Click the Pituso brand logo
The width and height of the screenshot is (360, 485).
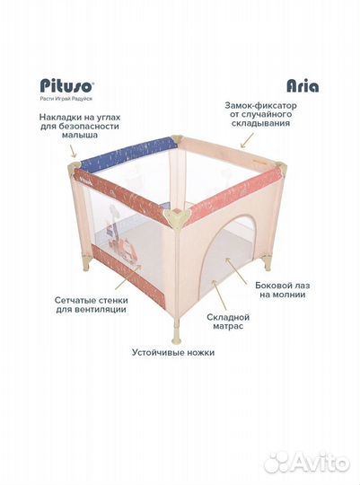pos(66,85)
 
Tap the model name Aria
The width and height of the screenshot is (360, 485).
pos(303,85)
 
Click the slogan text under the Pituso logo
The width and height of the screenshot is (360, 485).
pos(66,99)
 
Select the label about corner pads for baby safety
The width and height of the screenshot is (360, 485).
pos(80,127)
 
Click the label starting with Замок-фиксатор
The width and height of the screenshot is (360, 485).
pos(260,114)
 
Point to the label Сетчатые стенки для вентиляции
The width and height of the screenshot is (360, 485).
pos(92,304)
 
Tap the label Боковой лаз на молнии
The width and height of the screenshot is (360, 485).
pos(283,290)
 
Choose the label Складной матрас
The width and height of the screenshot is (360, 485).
pos(228,322)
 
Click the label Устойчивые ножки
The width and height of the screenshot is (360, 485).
pos(173,353)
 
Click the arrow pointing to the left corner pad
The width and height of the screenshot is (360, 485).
pos(73,152)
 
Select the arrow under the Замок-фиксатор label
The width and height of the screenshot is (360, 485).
pos(247,140)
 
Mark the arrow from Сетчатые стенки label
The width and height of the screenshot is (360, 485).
pos(128,277)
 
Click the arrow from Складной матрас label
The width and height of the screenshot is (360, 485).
pos(220,295)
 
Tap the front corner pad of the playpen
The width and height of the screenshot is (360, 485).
pos(177,217)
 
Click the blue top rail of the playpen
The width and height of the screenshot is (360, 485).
pos(127,153)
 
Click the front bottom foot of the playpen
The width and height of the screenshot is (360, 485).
pos(176,332)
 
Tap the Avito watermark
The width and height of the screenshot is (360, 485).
pos(307,463)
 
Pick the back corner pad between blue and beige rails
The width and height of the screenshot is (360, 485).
pos(177,140)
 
